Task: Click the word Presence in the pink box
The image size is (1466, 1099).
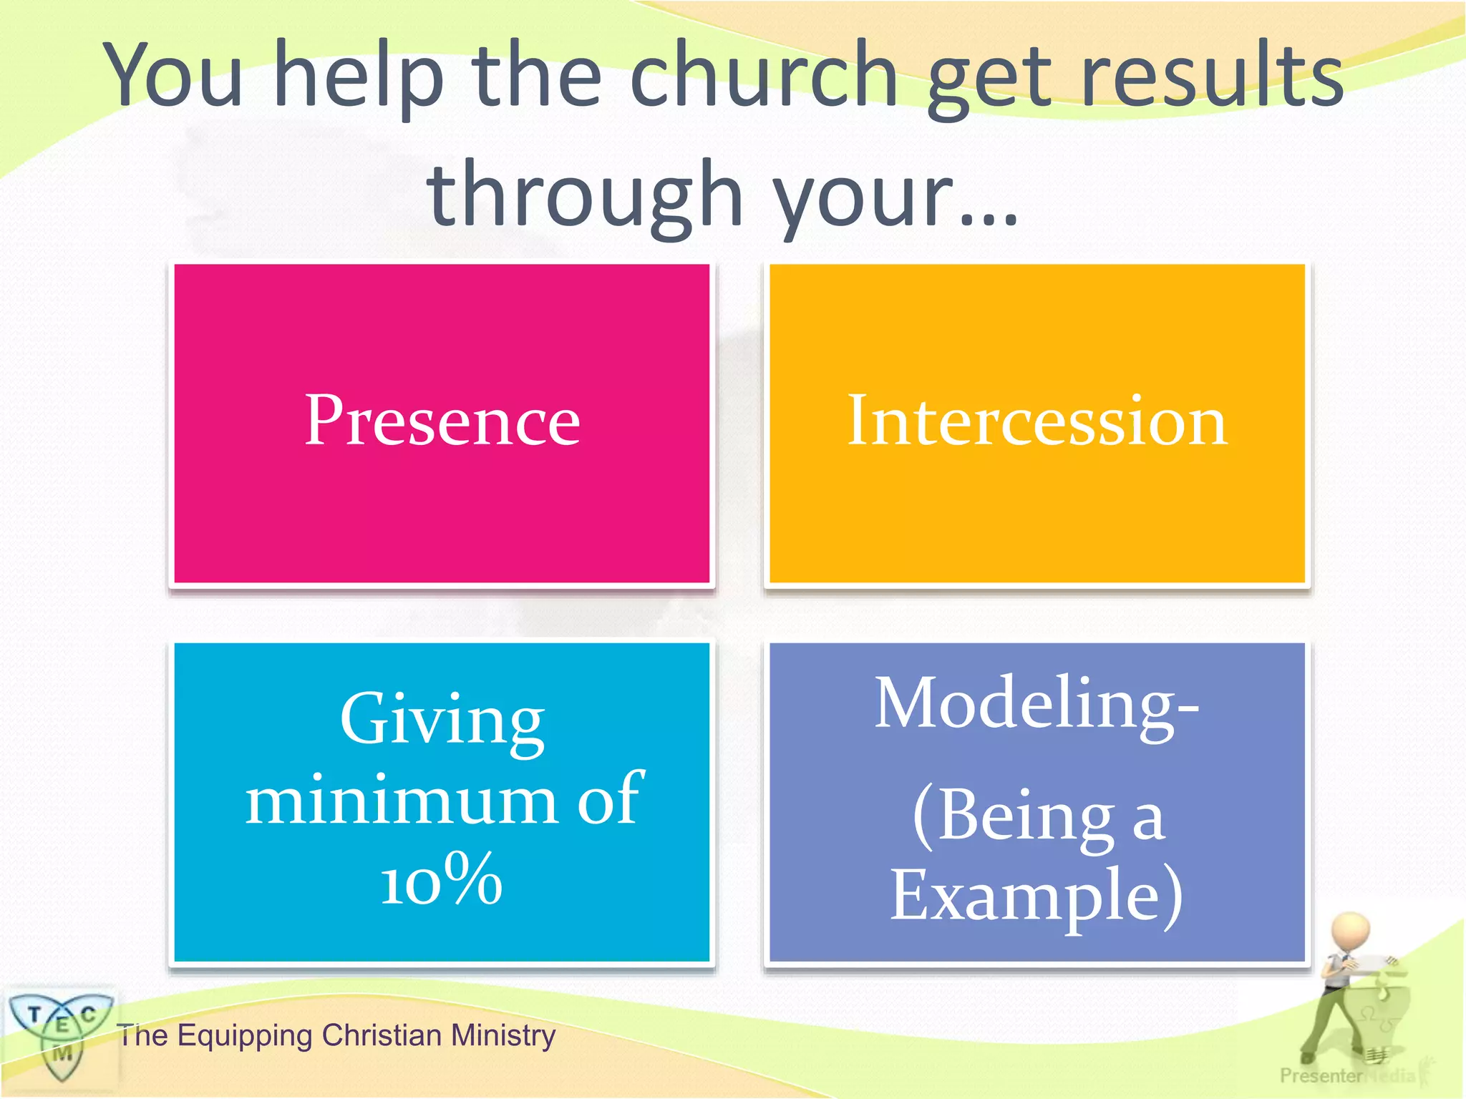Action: pyautogui.click(x=442, y=421)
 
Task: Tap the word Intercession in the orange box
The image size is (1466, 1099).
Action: pyautogui.click(x=1037, y=421)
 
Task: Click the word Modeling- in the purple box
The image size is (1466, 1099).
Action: pyautogui.click(x=1037, y=704)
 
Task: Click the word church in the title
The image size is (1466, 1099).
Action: pyautogui.click(x=762, y=75)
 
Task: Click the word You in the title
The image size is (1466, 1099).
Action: pyautogui.click(x=175, y=75)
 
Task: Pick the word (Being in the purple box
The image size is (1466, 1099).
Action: pyautogui.click(x=1013, y=816)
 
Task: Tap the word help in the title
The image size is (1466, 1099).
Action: pyautogui.click(x=358, y=75)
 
